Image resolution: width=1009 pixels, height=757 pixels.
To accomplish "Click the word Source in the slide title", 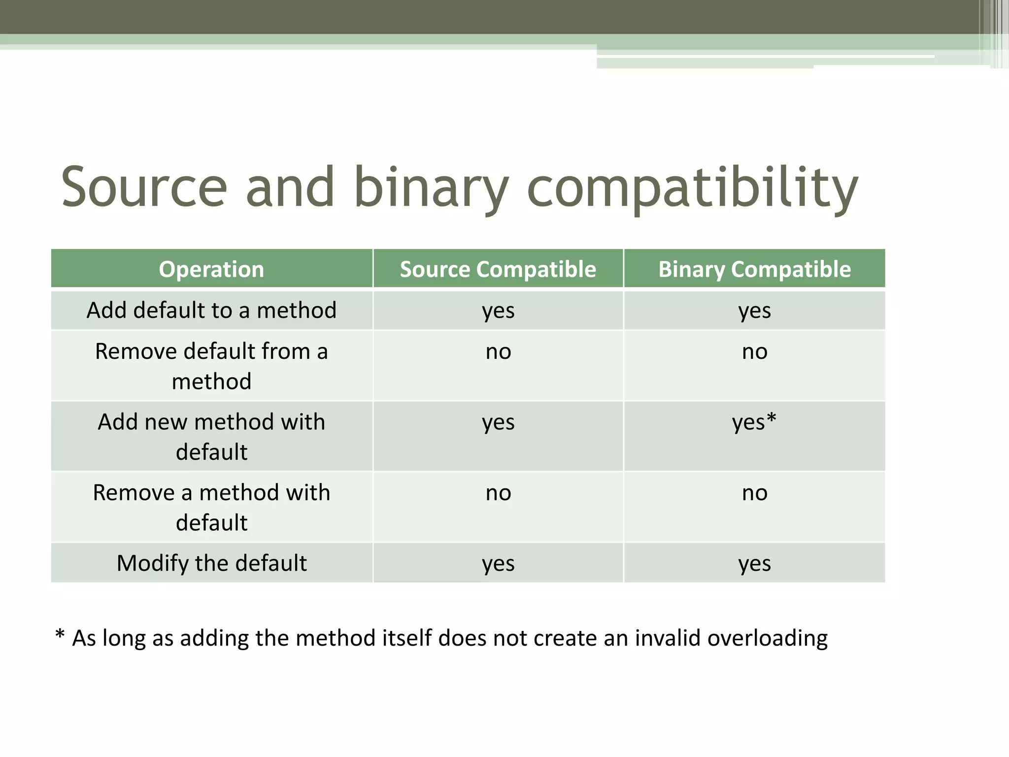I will coord(144,187).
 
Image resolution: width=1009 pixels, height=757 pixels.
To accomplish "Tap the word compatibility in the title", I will coord(692,187).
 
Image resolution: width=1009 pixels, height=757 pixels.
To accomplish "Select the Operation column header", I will coord(211,269).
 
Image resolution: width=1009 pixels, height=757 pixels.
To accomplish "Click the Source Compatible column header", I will coord(498,269).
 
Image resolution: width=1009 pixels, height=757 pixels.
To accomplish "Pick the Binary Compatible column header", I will coord(754,269).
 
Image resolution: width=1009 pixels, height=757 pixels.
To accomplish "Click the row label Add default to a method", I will coord(211,310).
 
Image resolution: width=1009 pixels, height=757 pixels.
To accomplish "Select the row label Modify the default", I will coord(211,563).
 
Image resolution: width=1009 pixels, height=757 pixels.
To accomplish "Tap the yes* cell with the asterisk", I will coord(754,422).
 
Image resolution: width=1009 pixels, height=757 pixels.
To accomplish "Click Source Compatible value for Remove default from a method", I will coord(498,352).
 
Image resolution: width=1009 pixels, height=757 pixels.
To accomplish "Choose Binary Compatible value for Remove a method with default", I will coord(754,493).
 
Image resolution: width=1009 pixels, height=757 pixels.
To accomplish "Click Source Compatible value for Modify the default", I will coord(498,563).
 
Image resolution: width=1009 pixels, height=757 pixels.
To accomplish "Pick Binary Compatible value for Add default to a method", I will coord(754,311).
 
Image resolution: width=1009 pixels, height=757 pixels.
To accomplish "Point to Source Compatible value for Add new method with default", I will coord(498,422).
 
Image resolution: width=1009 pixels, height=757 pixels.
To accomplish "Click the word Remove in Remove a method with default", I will coord(134,493).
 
